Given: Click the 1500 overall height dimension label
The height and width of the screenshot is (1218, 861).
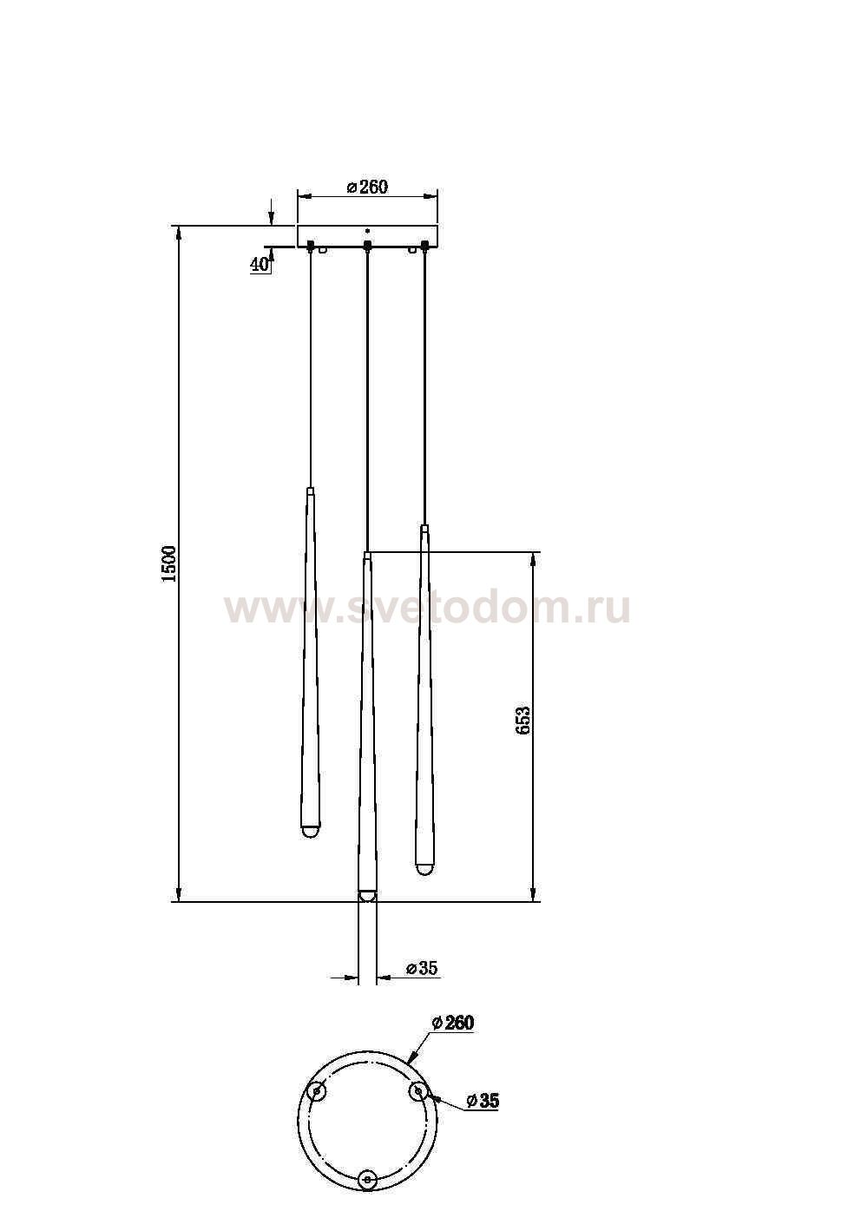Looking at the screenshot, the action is [169, 564].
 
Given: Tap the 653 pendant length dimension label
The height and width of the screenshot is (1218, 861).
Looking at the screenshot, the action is [522, 721].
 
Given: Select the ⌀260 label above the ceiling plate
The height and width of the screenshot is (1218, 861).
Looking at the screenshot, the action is [367, 187].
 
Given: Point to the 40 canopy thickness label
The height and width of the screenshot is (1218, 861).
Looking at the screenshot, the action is [260, 265].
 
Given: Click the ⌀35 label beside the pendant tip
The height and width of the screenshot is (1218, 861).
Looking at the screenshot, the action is [422, 969].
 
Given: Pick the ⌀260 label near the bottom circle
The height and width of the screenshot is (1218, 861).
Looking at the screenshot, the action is [453, 1023].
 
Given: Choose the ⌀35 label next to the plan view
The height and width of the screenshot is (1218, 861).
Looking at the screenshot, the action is [483, 1101].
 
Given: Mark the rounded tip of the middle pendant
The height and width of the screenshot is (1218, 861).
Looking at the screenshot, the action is [367, 896].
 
